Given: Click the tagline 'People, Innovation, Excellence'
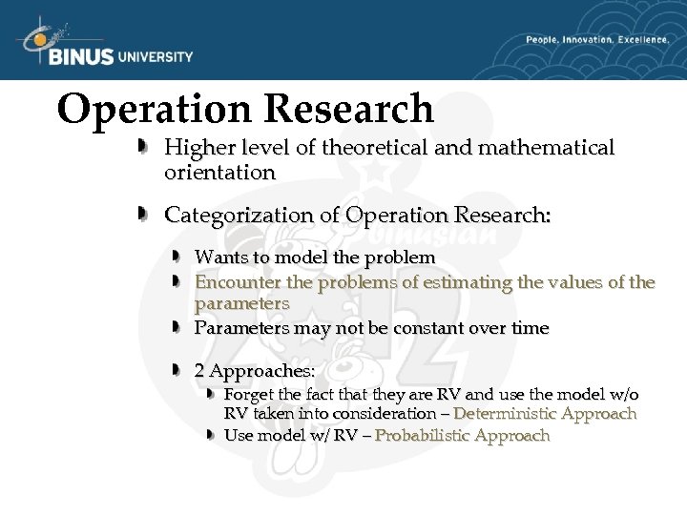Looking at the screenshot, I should pos(596,40).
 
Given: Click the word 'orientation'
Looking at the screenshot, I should pos(219,173).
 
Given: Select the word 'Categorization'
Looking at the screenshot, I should pos(229,216).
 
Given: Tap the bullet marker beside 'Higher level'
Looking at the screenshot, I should pos(140,146).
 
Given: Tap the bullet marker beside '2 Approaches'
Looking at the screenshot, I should pos(177,368).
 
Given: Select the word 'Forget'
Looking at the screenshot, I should pos(248,394).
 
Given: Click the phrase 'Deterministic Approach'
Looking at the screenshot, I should pos(545,414).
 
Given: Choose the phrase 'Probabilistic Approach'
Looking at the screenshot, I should pos(463,436).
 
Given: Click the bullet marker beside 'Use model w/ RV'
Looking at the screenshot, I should pos(211,434).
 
